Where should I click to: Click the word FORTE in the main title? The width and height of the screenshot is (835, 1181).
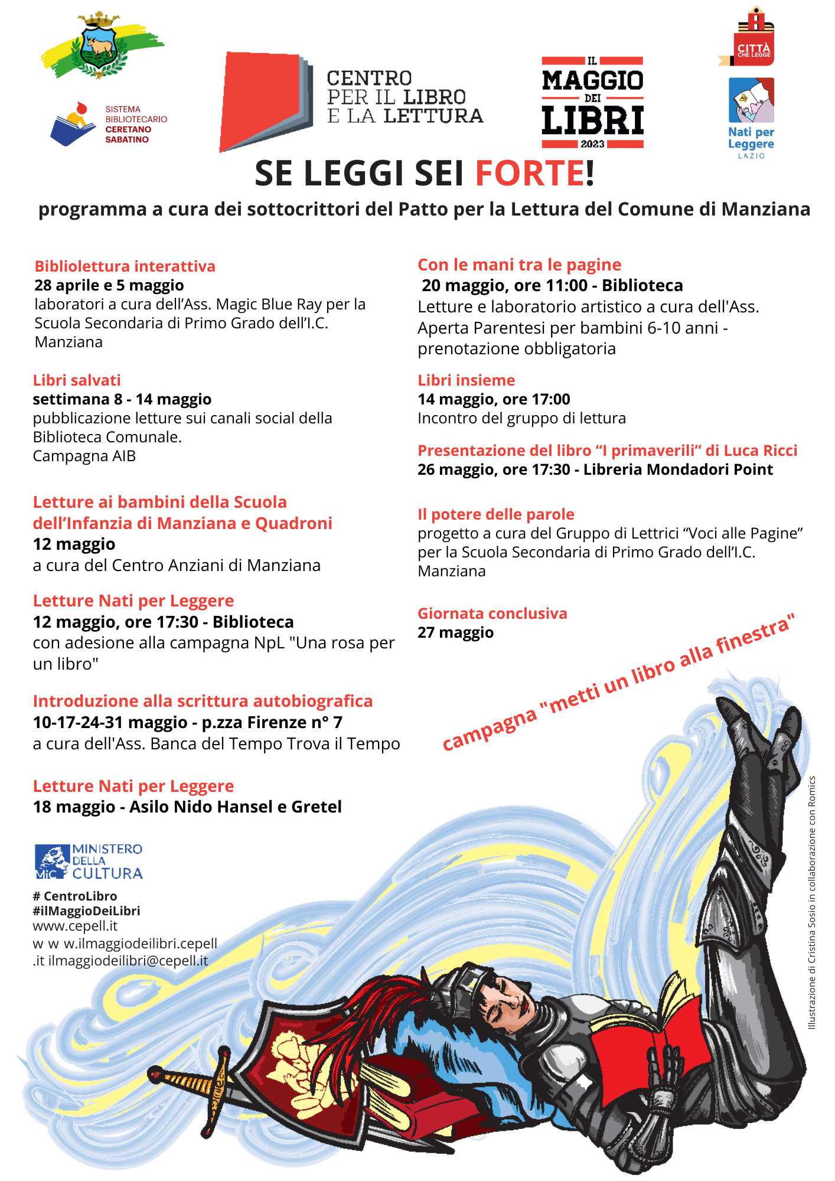pyautogui.click(x=530, y=174)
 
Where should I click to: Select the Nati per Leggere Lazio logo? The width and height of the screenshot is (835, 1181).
pyautogui.click(x=751, y=118)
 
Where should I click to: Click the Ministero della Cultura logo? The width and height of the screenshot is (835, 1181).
pyautogui.click(x=89, y=861)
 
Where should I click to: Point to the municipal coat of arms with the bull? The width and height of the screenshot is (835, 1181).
pyautogui.click(x=100, y=46)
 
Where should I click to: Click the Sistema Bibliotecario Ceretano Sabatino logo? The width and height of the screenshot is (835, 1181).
pyautogui.click(x=109, y=125)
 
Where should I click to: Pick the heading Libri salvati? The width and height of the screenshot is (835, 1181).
pyautogui.click(x=77, y=380)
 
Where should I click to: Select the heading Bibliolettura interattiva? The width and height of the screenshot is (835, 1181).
pyautogui.click(x=125, y=266)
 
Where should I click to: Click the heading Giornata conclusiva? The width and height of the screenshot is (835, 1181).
pyautogui.click(x=492, y=614)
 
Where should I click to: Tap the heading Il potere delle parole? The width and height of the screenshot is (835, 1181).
pyautogui.click(x=495, y=514)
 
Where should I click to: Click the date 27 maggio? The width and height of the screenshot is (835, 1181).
pyautogui.click(x=455, y=632)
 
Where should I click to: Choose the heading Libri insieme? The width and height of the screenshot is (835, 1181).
pyautogui.click(x=466, y=380)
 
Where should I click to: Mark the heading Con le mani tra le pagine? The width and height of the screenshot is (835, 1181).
pyautogui.click(x=519, y=265)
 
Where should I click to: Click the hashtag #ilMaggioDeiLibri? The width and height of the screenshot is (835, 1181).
pyautogui.click(x=86, y=911)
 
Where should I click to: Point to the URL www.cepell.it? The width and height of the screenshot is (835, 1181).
pyautogui.click(x=75, y=925)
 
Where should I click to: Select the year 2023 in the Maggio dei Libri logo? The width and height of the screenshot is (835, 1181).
pyautogui.click(x=592, y=143)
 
